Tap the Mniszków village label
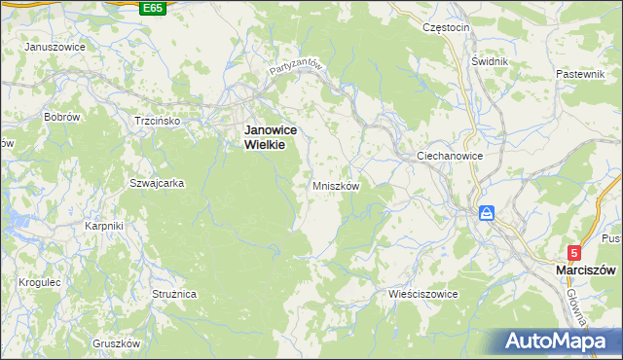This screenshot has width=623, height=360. point(337,185)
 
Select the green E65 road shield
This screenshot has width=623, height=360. point(152,8)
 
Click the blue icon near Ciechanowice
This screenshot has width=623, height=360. point(486,213)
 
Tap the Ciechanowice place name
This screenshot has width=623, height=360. point(451,156)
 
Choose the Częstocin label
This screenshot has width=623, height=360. point(446,27)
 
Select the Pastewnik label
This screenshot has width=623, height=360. point(582,74)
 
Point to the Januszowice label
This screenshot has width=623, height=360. point(55,47)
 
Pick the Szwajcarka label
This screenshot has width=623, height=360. point(151,182)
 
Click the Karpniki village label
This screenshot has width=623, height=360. point(103,226)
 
